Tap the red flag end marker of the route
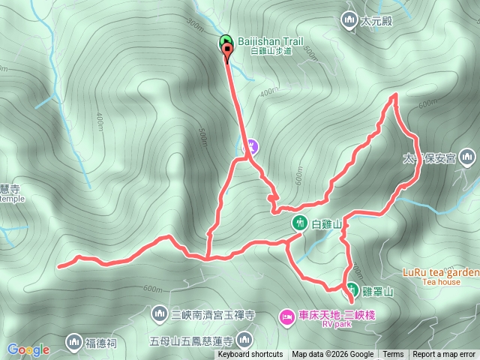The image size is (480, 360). (x=227, y=49)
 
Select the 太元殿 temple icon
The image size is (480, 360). (x=349, y=19)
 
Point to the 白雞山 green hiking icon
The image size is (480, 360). (x=298, y=223)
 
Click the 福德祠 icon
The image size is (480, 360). (x=73, y=342)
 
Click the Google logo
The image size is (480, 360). (x=28, y=349)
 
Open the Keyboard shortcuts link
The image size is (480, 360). (x=250, y=355)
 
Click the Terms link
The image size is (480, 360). (x=393, y=355)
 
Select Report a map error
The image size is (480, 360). (x=444, y=355)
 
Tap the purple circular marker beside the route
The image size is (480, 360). (x=253, y=145)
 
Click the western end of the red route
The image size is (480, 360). (x=59, y=265)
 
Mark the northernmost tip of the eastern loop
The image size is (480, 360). (x=395, y=94)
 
